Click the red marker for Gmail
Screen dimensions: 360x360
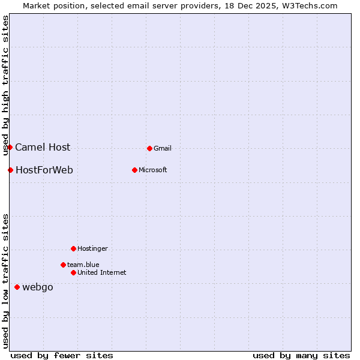pyautogui.click(x=149, y=148)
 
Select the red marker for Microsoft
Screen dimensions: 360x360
pyautogui.click(x=134, y=170)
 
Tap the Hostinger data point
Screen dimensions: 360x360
pyautogui.click(x=73, y=248)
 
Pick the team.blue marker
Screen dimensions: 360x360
pyautogui.click(x=63, y=265)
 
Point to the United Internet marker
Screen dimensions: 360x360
pyautogui.click(x=73, y=272)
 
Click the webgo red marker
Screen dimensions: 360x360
pyautogui.click(x=17, y=287)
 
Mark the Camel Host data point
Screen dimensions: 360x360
pyautogui.click(x=10, y=147)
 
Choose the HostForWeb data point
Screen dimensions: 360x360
pyautogui.click(x=10, y=170)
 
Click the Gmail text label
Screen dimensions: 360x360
pyautogui.click(x=163, y=148)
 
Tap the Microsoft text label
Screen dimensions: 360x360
pyautogui.click(x=153, y=170)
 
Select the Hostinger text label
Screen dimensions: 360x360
pyautogui.click(x=92, y=248)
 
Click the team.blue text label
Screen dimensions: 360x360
pyautogui.click(x=83, y=265)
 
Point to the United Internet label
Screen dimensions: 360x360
pyautogui.click(x=102, y=272)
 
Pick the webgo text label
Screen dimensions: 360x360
pyautogui.click(x=38, y=287)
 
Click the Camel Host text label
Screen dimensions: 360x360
pyautogui.click(x=43, y=147)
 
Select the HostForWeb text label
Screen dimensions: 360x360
pyautogui.click(x=44, y=170)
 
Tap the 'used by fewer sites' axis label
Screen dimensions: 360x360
pyautogui.click(x=62, y=355)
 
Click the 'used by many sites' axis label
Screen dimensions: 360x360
pyautogui.click(x=301, y=355)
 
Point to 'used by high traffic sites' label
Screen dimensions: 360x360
pyautogui.click(x=5, y=85)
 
